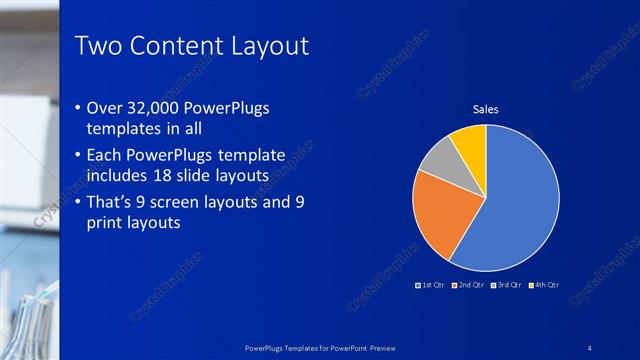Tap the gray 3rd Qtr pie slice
click(438, 158)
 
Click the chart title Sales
click(485, 109)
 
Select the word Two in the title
click(99, 45)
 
